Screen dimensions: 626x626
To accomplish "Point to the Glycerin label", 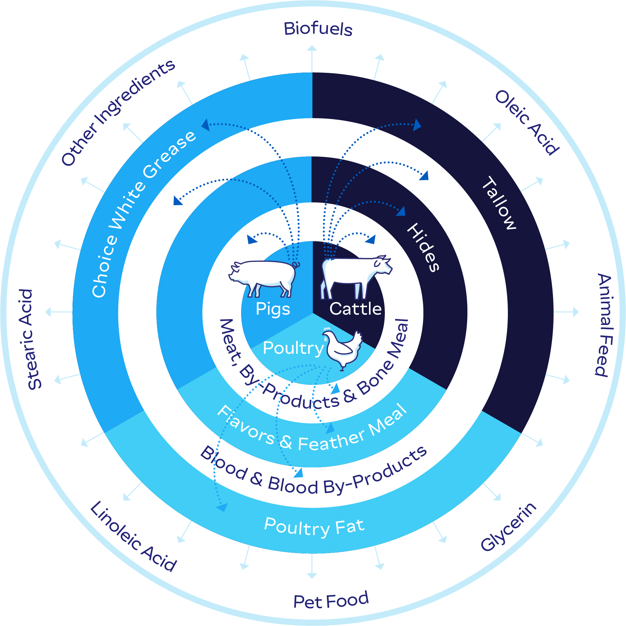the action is click(x=509, y=527).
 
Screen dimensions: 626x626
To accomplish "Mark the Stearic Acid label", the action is click(x=30, y=339).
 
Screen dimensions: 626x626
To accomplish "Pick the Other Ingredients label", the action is click(x=118, y=112).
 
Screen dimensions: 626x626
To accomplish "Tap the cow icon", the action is click(x=356, y=277).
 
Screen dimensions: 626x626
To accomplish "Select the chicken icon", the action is click(x=342, y=349).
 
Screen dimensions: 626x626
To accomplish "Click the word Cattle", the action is click(x=355, y=309).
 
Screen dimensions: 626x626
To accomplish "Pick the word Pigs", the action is click(x=273, y=309).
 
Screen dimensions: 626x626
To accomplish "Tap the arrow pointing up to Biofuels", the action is click(x=312, y=59).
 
